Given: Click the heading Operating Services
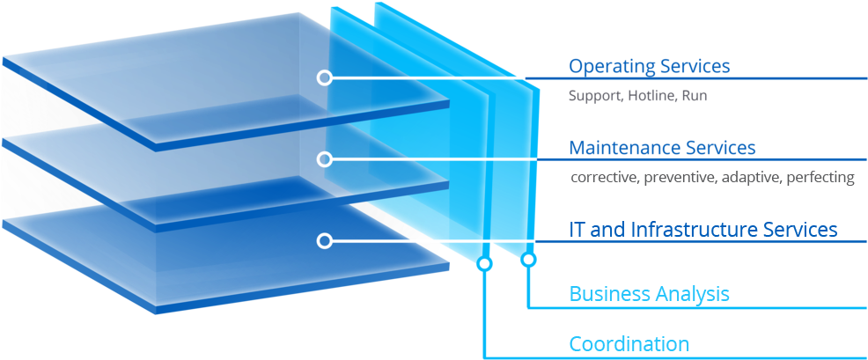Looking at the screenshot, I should coord(650,66).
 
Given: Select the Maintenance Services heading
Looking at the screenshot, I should coord(662,147).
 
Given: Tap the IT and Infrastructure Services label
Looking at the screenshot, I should coord(702,230).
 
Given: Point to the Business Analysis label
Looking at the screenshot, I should coord(649,293).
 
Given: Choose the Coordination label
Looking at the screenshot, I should coord(629,343).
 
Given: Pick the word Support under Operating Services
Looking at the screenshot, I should coord(595,96).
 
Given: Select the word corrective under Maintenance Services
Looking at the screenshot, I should coord(604,178).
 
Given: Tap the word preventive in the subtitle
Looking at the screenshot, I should coord(680,178).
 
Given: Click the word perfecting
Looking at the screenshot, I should coord(821,178).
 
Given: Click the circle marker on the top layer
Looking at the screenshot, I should coord(325,77).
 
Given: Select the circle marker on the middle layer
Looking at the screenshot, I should coord(325,159).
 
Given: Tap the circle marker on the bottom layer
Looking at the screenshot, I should coord(325,240).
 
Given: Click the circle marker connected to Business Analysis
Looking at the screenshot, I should coord(528,260).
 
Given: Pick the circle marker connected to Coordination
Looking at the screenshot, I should coord(484,263).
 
